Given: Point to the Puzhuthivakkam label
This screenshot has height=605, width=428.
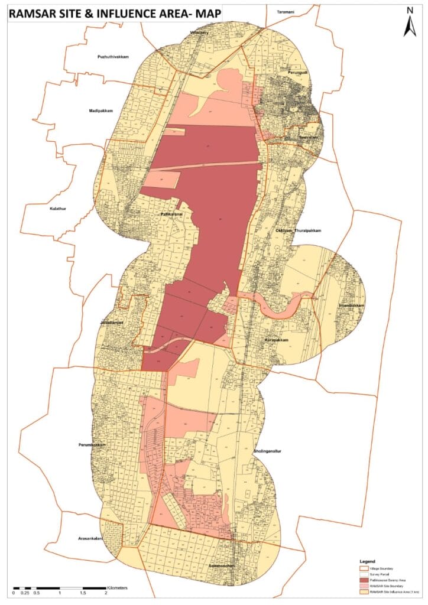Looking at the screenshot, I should tap(113, 57).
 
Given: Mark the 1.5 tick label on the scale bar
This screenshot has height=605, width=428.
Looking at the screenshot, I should tap(83, 593).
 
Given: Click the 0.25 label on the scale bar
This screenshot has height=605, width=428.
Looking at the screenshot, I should tap(25, 593).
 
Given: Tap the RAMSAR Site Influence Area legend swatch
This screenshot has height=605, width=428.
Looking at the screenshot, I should tap(362, 593).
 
